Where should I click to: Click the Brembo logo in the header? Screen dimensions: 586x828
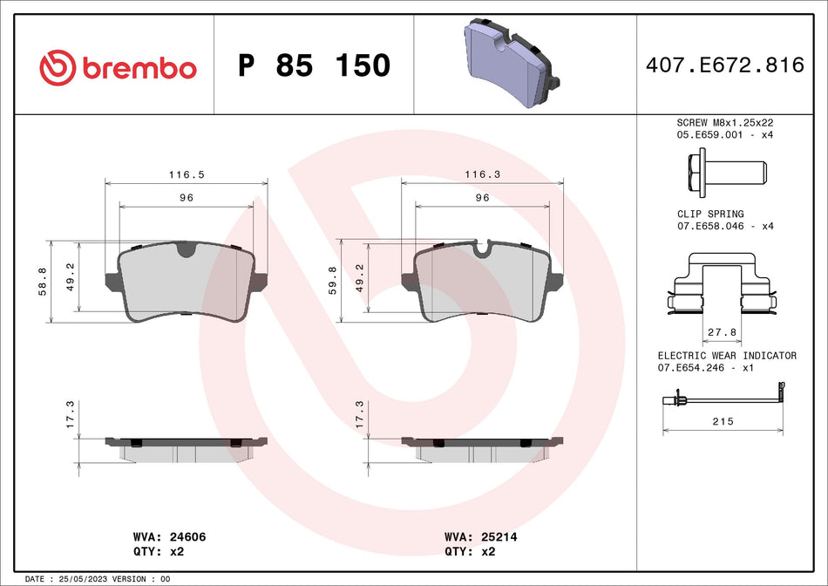pos(118,66)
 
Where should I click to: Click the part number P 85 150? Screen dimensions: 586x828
pos(314,65)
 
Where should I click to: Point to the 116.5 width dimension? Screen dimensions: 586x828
pos(187,174)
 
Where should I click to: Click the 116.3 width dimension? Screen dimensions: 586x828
pos(482,174)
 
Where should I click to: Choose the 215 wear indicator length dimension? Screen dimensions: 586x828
pos(723,421)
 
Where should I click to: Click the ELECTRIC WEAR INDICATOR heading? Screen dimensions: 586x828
pos(727,356)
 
